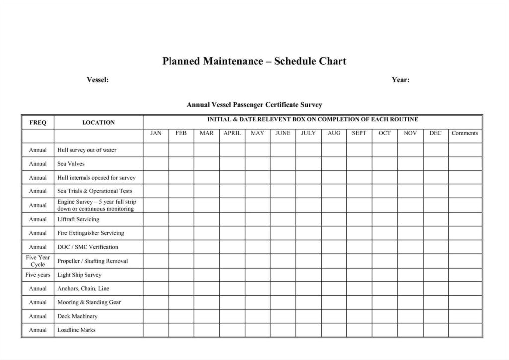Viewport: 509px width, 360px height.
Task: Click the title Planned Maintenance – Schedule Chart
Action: click(x=254, y=61)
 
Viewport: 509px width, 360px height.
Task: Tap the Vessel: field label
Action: click(x=98, y=80)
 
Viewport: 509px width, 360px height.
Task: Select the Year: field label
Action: click(x=400, y=80)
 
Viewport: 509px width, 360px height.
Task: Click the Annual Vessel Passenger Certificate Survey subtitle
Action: click(x=254, y=105)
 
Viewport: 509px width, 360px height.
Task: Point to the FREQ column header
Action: click(x=38, y=122)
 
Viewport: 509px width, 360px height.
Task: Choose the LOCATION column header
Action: click(x=98, y=122)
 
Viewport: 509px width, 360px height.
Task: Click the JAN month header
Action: click(x=156, y=133)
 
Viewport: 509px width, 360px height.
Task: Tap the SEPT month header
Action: click(x=359, y=133)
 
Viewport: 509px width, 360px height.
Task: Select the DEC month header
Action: click(x=435, y=133)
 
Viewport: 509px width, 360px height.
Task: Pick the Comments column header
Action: click(x=465, y=133)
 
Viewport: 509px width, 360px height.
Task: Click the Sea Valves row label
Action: click(x=71, y=164)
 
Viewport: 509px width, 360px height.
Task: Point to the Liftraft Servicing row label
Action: click(x=78, y=219)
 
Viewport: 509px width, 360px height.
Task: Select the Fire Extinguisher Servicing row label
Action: click(x=90, y=233)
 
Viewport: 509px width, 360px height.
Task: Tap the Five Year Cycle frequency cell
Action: click(x=38, y=261)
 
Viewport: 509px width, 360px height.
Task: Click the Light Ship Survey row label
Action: click(x=79, y=275)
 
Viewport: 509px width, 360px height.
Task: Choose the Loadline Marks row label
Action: click(x=77, y=330)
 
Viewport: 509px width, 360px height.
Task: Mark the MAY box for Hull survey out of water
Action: click(x=257, y=150)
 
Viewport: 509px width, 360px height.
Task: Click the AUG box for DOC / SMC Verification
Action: click(x=334, y=247)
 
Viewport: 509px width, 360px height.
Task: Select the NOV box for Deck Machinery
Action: click(x=410, y=316)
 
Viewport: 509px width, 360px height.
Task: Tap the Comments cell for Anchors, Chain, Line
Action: click(x=465, y=288)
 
